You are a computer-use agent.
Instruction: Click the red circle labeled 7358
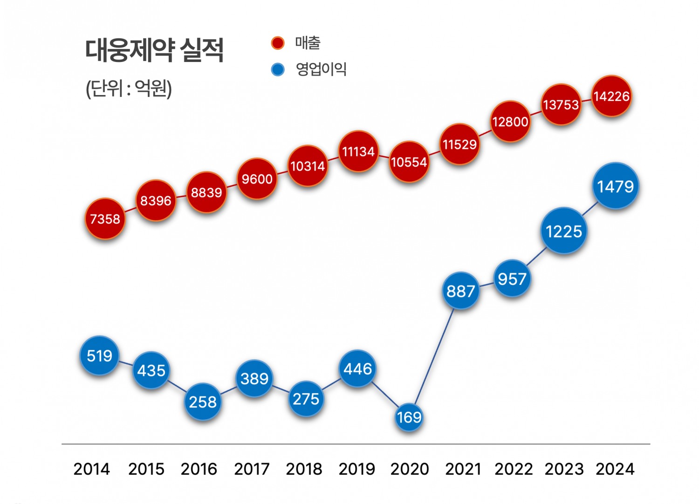click(x=105, y=218)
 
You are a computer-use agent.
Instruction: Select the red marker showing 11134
click(x=358, y=151)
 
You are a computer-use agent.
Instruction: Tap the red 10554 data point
click(x=409, y=162)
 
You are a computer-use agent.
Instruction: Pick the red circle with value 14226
click(x=611, y=96)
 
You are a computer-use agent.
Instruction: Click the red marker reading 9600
click(x=257, y=179)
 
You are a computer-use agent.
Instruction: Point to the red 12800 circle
click(x=510, y=122)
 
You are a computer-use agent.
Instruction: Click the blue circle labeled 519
click(x=99, y=356)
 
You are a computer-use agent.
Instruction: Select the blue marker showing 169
click(x=409, y=416)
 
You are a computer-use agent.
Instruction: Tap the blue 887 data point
click(x=460, y=291)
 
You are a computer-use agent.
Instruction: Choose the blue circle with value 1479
click(x=615, y=186)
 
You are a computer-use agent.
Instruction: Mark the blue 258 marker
click(x=202, y=402)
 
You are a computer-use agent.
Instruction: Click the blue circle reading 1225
click(x=563, y=231)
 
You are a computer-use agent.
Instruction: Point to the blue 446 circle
click(x=357, y=369)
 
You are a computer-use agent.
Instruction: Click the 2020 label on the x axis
click(x=409, y=469)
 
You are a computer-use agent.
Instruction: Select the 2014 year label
click(x=91, y=469)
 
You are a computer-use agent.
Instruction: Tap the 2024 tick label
click(x=615, y=469)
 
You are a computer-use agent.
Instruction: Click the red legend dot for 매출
click(x=277, y=43)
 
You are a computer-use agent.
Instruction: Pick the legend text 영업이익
click(x=321, y=69)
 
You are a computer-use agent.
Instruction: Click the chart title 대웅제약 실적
click(x=154, y=50)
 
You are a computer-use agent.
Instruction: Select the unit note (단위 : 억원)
click(x=129, y=88)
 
